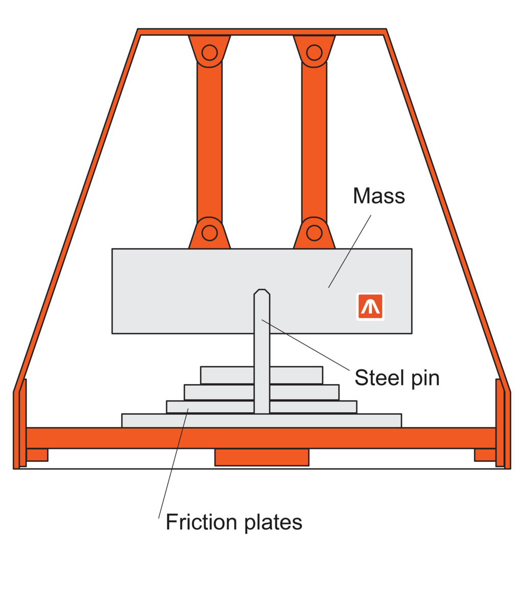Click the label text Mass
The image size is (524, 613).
pos(379,196)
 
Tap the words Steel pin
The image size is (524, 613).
pos(397,378)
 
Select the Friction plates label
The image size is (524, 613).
pos(234,522)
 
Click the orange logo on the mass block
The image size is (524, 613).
pos(370,306)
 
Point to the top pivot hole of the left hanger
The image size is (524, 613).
pos(209,52)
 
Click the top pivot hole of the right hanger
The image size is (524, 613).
pos(314,52)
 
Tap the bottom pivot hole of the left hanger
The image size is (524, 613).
pos(209,233)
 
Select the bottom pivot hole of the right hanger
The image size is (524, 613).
pos(314,233)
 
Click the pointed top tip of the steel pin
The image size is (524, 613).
pos(261,292)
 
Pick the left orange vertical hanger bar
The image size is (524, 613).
pos(209,143)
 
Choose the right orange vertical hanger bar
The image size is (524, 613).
pos(314,143)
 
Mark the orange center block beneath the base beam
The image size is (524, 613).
pos(261,457)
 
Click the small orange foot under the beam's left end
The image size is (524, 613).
pos(37,455)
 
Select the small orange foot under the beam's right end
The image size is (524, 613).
pos(485,455)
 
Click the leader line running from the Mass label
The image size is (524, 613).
pos(350,251)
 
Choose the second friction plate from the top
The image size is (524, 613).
pos(220,392)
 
